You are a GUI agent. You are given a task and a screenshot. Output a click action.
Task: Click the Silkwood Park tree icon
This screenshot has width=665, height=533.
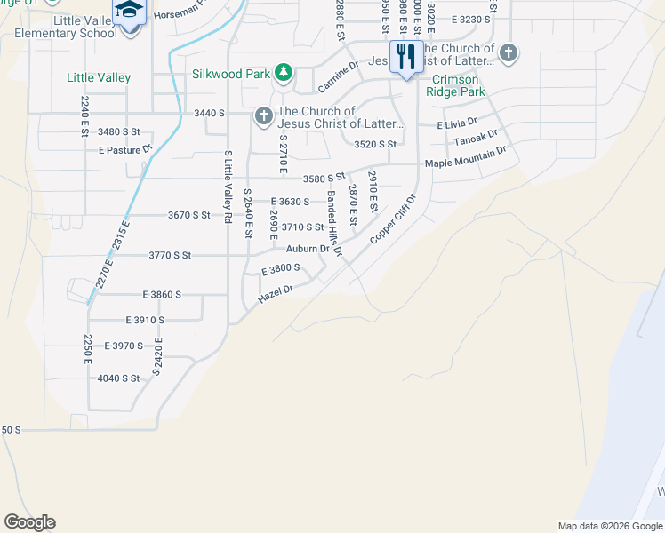tap(283, 72)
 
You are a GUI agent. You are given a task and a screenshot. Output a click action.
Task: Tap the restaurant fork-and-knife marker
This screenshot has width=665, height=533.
tap(405, 58)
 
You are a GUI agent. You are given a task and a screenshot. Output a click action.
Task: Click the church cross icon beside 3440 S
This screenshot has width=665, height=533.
tap(263, 115)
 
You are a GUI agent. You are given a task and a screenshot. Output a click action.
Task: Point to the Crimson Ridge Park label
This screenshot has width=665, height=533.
tap(457, 85)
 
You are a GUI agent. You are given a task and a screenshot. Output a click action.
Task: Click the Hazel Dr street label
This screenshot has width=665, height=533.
tap(275, 294)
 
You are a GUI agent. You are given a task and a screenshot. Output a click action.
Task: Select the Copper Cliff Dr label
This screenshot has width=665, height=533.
tap(393, 219)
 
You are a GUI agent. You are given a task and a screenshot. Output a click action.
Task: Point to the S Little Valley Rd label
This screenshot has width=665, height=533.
tap(228, 187)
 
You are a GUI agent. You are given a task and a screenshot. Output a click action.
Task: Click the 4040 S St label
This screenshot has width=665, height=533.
tap(119, 378)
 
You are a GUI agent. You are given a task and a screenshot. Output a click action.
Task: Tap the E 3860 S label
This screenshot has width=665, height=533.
tap(162, 294)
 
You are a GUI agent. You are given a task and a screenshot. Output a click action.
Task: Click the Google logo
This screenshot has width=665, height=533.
tap(29, 522)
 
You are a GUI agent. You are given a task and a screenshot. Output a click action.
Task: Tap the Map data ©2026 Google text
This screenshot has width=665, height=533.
tap(610, 526)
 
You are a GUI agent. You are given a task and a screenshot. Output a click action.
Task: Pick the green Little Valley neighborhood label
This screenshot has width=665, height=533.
tap(99, 78)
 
